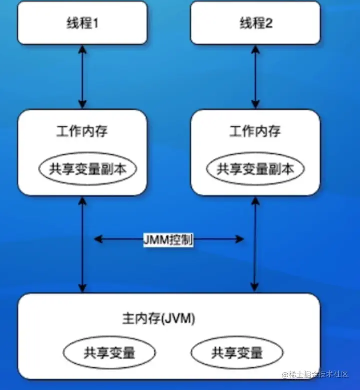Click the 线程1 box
pos(82,23)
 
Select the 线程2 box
pos(255,23)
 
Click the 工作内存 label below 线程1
pos(82,132)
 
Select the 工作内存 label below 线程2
pos(255,132)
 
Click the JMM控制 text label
pos(168,240)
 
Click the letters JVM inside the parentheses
pos(181,318)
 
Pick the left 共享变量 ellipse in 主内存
pos(109,353)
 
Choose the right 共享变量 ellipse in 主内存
pos(237,353)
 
